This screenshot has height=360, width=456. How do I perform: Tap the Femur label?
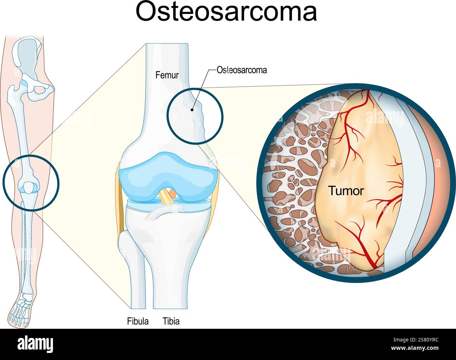click(167, 75)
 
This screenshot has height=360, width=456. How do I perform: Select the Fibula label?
click(138, 321)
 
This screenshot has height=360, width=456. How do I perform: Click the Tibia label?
click(171, 321)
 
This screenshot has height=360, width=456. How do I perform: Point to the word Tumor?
click(346, 191)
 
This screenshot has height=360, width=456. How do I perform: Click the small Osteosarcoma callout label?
click(242, 70)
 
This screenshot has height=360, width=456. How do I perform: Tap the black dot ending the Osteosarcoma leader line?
click(192, 110)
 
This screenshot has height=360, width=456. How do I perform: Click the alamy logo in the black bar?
click(35, 344)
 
